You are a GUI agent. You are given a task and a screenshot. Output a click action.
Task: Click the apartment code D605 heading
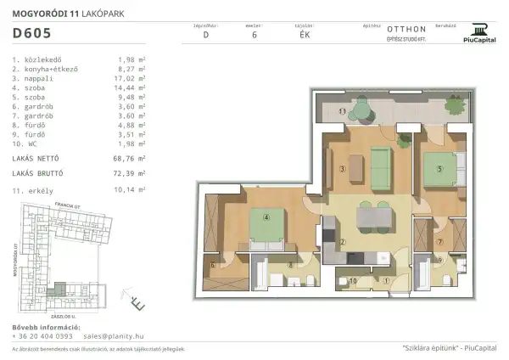32,35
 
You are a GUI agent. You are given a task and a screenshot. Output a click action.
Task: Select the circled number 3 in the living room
342,169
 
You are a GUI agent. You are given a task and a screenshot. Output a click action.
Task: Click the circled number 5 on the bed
439,168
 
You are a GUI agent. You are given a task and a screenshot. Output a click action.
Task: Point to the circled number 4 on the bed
266,217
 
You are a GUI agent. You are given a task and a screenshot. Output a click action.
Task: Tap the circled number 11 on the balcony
342,112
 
